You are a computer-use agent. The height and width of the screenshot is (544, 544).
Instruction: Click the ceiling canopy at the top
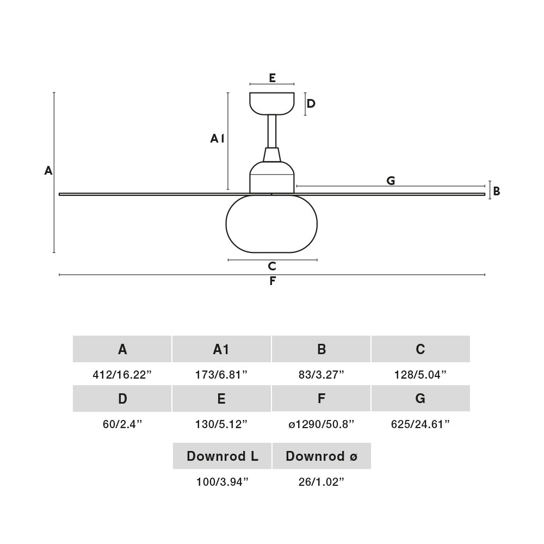click(x=271, y=103)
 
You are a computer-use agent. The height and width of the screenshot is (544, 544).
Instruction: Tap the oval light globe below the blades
click(x=271, y=224)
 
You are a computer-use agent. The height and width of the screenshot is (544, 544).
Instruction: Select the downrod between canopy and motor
click(x=271, y=132)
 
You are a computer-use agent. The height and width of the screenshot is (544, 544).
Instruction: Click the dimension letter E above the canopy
click(x=272, y=78)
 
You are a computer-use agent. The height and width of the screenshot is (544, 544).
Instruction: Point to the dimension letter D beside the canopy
click(x=311, y=103)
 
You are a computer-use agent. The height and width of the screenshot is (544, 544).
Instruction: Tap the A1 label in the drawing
click(x=217, y=138)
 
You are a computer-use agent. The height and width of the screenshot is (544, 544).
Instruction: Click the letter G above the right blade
click(x=391, y=181)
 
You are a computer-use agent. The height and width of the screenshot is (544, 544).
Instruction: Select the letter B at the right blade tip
click(x=497, y=191)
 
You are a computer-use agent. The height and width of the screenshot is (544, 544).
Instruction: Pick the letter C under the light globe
click(x=272, y=266)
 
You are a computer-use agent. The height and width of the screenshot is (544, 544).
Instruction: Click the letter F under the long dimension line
click(x=273, y=281)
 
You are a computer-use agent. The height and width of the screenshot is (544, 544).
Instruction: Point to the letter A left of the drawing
click(x=48, y=170)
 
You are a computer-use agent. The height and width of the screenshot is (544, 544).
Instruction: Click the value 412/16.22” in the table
click(x=122, y=375)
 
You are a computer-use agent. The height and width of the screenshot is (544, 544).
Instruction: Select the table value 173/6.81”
click(x=221, y=375)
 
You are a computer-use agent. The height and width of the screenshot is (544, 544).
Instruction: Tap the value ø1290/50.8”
click(x=322, y=424)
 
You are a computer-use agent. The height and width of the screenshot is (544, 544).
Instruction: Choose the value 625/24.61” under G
click(x=421, y=424)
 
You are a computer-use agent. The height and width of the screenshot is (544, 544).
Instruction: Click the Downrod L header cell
click(x=222, y=456)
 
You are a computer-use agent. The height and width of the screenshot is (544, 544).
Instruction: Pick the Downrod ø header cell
click(x=322, y=456)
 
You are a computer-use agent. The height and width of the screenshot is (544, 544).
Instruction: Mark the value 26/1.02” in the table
click(x=322, y=481)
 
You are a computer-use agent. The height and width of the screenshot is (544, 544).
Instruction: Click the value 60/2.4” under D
click(x=122, y=424)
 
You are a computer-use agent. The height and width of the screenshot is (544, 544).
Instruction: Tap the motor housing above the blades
click(x=271, y=177)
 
